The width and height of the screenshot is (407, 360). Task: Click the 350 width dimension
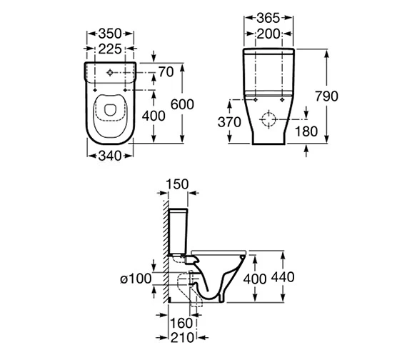tap(110, 33)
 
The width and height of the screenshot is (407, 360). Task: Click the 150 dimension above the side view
tap(176, 184)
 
